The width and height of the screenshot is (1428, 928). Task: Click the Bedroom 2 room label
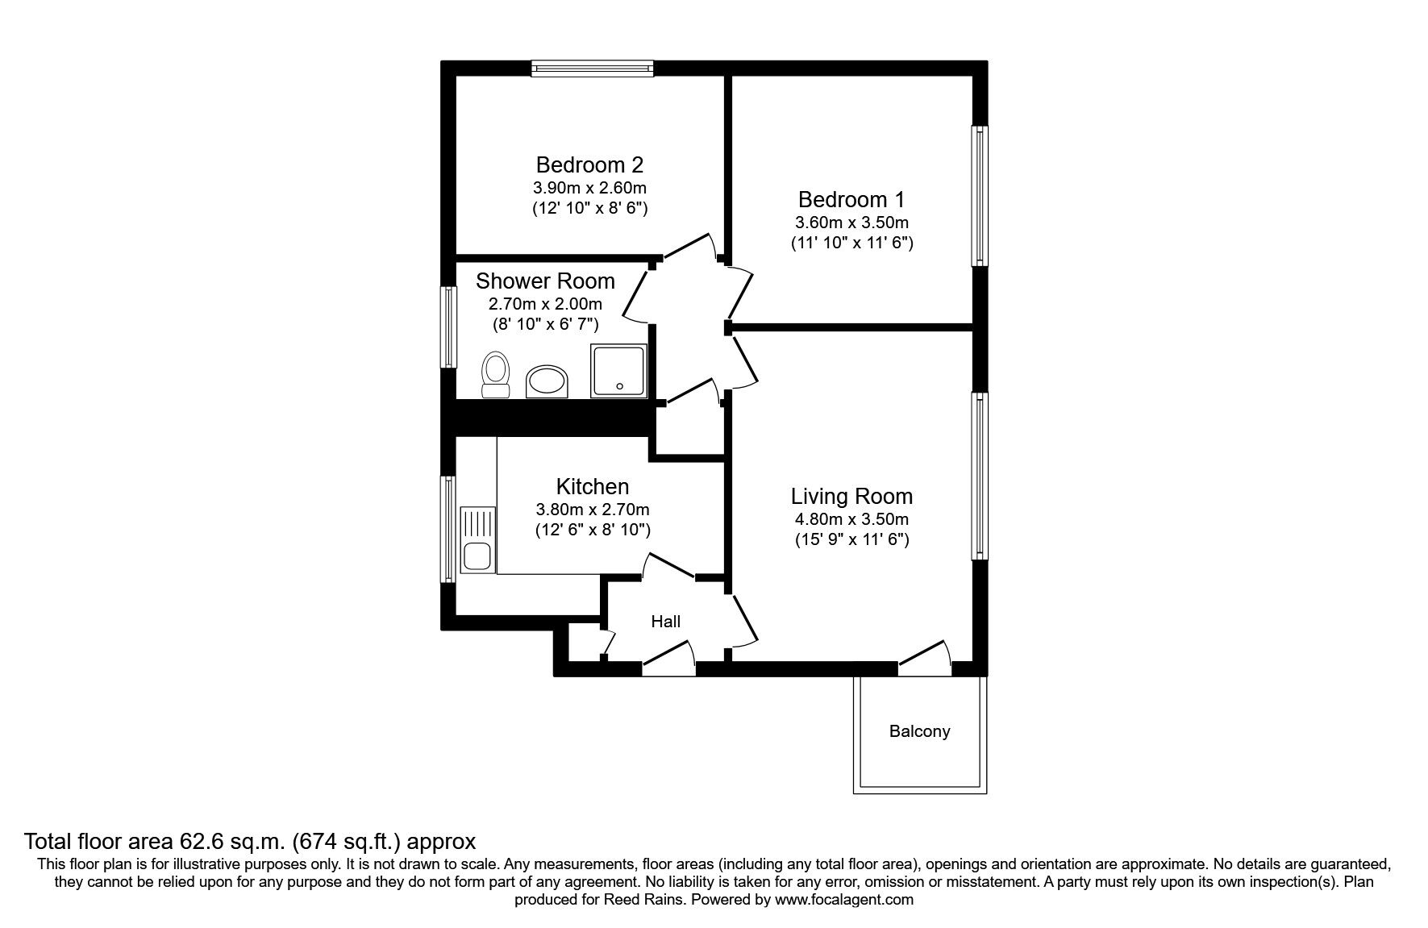tap(589, 164)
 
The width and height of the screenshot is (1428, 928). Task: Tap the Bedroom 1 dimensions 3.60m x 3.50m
tap(851, 222)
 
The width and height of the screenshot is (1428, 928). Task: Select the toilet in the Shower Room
tap(495, 375)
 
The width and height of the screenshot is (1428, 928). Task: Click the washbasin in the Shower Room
tap(547, 381)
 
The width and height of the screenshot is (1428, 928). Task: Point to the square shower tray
tap(619, 370)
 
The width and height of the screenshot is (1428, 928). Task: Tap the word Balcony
tap(919, 731)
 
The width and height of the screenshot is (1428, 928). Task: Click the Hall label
tap(665, 621)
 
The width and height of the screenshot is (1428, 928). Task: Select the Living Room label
tap(851, 496)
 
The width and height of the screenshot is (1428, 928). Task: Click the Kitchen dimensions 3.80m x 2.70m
tap(593, 510)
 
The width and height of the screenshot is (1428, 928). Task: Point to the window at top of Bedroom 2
tap(592, 69)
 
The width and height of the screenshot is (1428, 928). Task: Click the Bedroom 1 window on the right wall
tap(979, 196)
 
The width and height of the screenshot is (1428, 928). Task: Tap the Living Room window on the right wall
tap(979, 476)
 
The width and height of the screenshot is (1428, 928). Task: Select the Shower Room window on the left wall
tap(448, 327)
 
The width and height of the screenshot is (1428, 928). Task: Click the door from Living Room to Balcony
tap(924, 658)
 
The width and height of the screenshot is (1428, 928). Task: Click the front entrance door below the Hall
tap(668, 658)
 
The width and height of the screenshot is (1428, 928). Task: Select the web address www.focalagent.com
tap(843, 900)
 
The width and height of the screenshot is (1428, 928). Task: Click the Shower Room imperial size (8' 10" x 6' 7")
tap(545, 325)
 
